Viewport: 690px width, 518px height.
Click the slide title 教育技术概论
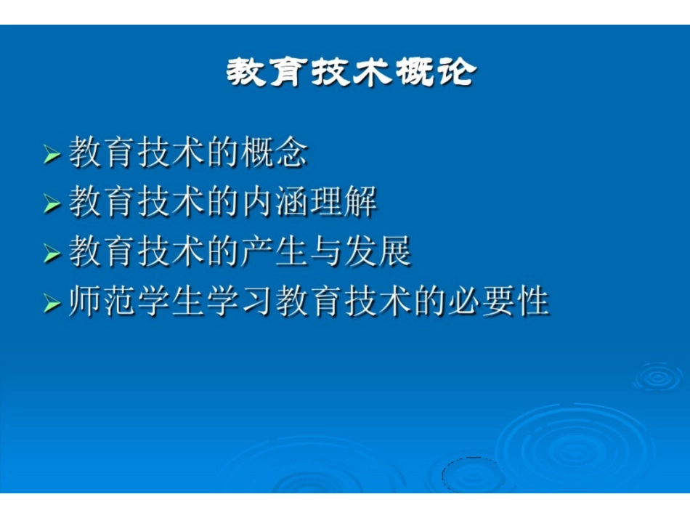pyautogui.click(x=351, y=73)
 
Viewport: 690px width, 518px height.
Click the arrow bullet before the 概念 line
pyautogui.click(x=52, y=155)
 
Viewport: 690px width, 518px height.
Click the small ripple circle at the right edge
pyautogui.click(x=658, y=376)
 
